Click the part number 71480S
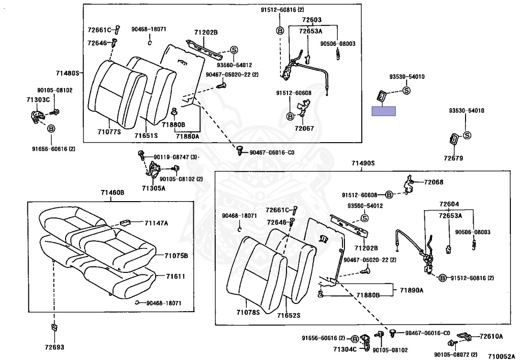(68, 73)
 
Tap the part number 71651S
(147, 135)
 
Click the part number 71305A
(154, 188)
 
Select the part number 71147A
(156, 223)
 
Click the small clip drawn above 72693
(54, 326)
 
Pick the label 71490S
(363, 163)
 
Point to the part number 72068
(433, 182)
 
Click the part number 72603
(311, 20)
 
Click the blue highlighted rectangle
(384, 112)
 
